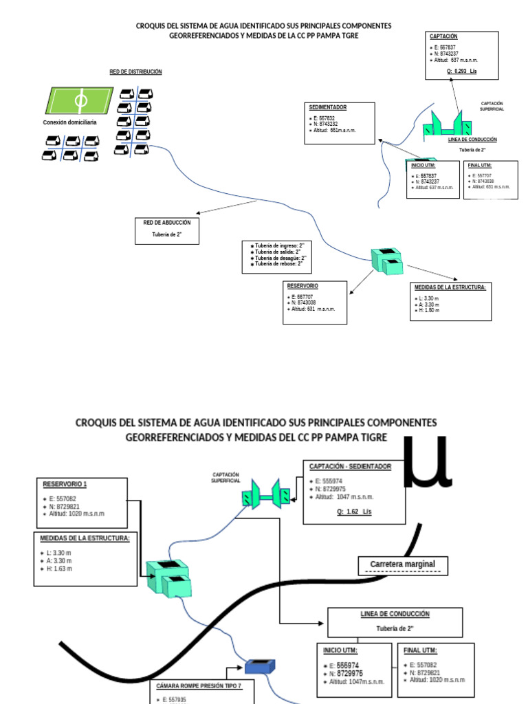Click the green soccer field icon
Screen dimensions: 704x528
point(80,100)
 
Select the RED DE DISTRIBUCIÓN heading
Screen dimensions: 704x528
point(135,71)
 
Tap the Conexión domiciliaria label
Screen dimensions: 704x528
point(69,122)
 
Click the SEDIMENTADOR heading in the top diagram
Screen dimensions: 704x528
point(327,108)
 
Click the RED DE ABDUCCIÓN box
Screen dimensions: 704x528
point(166,230)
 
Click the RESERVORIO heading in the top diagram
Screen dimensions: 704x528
point(303,285)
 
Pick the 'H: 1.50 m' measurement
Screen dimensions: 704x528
point(429,310)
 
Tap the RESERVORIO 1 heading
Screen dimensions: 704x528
point(65,483)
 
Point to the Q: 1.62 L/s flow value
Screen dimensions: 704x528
point(353,512)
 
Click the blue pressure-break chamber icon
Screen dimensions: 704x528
point(261,665)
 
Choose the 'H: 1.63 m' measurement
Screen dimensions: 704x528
point(59,569)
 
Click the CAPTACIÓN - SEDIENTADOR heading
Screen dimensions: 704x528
point(351,466)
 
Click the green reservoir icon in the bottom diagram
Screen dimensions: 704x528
point(167,576)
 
